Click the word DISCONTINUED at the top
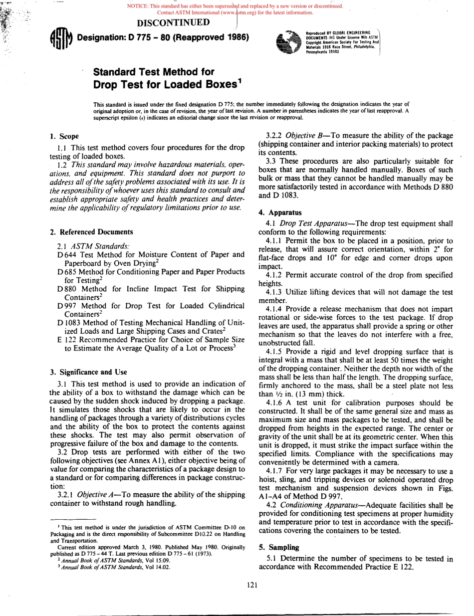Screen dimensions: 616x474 (x=173, y=22)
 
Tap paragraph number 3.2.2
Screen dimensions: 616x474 (x=276, y=135)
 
